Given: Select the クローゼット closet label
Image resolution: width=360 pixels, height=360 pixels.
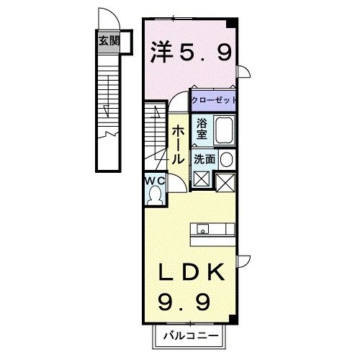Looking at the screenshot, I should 214,99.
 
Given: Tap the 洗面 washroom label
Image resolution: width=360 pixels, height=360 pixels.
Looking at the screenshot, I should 203,160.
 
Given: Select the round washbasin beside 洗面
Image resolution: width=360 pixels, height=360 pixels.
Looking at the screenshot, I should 226,159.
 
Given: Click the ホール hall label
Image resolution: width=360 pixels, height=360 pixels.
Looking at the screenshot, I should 179,142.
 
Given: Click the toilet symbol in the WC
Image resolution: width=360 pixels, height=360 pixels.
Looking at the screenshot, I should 155,192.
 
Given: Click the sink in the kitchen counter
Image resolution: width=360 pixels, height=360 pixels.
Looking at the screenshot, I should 204,231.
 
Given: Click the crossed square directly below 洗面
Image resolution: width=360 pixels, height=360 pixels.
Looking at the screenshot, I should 201,179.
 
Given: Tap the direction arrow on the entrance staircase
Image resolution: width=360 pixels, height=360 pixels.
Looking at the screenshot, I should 107,108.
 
